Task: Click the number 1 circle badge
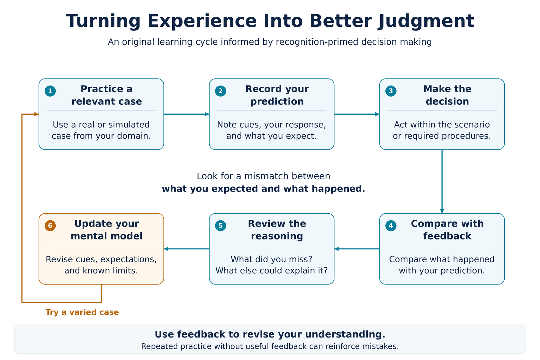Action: pos(50,91)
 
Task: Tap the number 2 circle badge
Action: pos(221,91)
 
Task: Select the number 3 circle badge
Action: pos(391,91)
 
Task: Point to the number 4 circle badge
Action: pos(391,226)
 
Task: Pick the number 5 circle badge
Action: pos(221,226)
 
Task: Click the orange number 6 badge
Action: pos(50,226)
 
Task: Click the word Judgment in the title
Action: pos(426,22)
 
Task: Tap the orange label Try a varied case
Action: pos(82,312)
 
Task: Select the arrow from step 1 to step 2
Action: pos(186,114)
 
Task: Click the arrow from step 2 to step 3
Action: pos(357,114)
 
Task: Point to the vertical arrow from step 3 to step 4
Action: pos(442,181)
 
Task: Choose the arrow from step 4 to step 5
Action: pos(357,249)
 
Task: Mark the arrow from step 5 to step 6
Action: pos(186,249)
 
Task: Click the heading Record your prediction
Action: pos(277,95)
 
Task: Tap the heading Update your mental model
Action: pos(107,230)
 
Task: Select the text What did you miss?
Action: pos(271,259)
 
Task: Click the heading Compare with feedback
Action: pos(447,230)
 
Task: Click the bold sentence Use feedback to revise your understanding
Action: pos(270,334)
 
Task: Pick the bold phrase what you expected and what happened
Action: pos(263,189)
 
